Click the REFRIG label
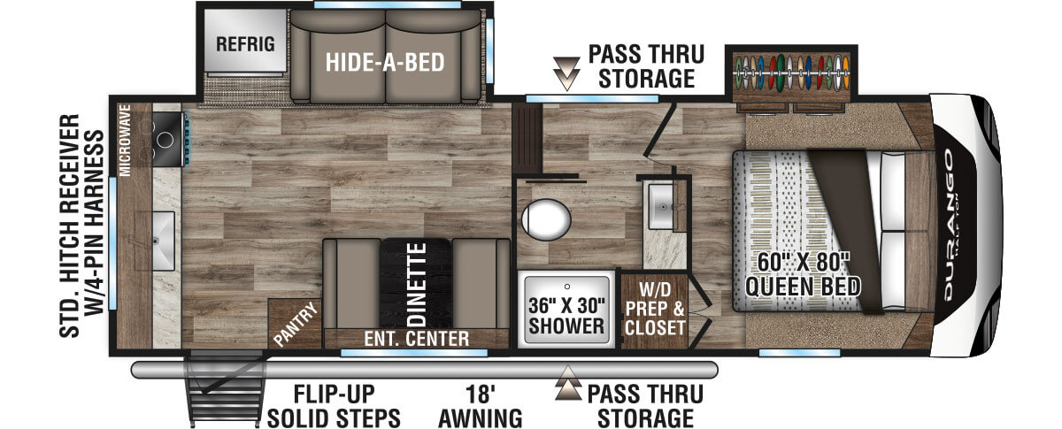[x=245, y=44]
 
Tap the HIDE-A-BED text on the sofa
[x=385, y=62]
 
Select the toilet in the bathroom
[x=546, y=219]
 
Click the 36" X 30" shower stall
[x=566, y=309]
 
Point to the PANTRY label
[x=296, y=324]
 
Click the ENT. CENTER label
[x=416, y=339]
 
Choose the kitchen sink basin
[x=156, y=241]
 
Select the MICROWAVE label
[x=125, y=141]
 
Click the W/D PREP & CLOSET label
[x=655, y=309]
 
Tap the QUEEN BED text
[x=804, y=287]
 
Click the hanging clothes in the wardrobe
[x=792, y=73]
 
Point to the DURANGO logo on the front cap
[x=948, y=225]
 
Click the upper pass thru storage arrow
[x=566, y=73]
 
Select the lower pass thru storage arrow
[x=568, y=382]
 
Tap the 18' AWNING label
[x=481, y=406]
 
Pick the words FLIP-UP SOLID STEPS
[x=334, y=406]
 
